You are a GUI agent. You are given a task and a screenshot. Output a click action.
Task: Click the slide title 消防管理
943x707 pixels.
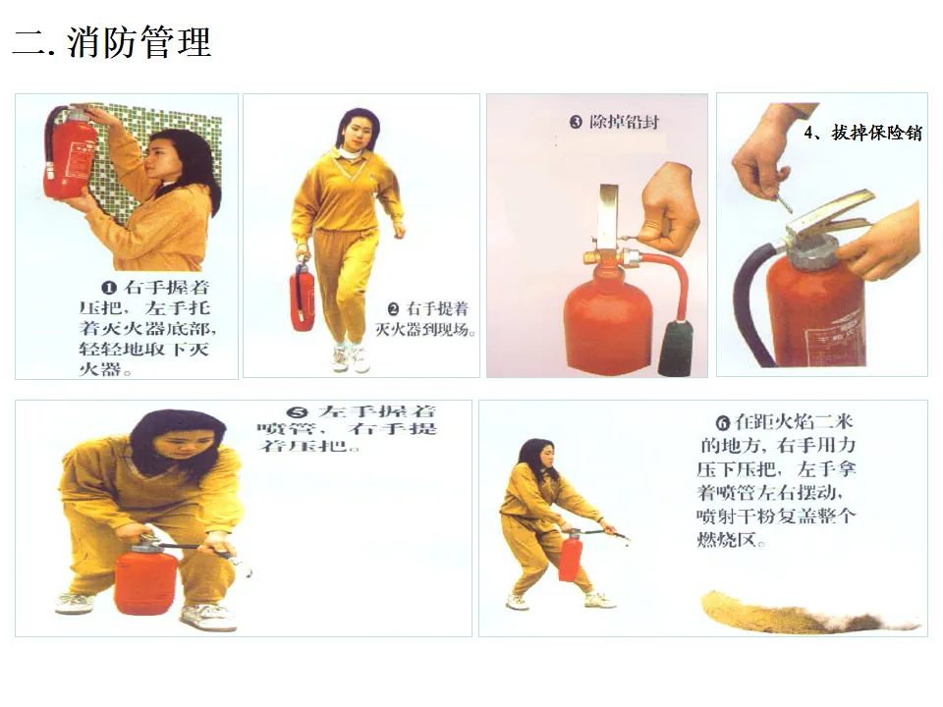pyautogui.click(x=139, y=42)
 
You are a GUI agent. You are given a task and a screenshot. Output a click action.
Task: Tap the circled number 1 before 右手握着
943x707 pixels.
pyautogui.click(x=109, y=288)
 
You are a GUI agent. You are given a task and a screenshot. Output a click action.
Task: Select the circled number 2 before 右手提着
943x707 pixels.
pyautogui.click(x=393, y=309)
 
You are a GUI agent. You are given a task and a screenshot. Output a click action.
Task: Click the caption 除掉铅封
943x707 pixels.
pyautogui.click(x=625, y=122)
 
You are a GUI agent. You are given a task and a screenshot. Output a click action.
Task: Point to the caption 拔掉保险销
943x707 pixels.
pyautogui.click(x=877, y=133)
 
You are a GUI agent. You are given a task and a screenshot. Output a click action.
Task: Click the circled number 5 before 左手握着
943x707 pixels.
pyautogui.click(x=298, y=412)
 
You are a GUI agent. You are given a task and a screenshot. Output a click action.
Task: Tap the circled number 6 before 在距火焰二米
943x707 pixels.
pyautogui.click(x=723, y=423)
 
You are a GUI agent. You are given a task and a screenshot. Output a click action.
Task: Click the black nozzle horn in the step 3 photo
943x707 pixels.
pyautogui.click(x=676, y=348)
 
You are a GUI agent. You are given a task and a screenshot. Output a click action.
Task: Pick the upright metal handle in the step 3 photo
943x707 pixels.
pyautogui.click(x=607, y=216)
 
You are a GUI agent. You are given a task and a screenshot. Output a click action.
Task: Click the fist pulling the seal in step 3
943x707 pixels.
pyautogui.click(x=668, y=207)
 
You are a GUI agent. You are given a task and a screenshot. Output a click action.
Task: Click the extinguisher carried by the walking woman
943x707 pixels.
pyautogui.click(x=302, y=297)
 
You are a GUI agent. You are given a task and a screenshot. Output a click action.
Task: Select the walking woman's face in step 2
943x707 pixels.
pyautogui.click(x=356, y=136)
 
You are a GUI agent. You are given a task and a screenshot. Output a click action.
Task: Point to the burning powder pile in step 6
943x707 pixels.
pyautogui.click(x=808, y=613)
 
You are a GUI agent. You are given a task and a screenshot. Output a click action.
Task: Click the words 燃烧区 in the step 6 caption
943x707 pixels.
pyautogui.click(x=725, y=539)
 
